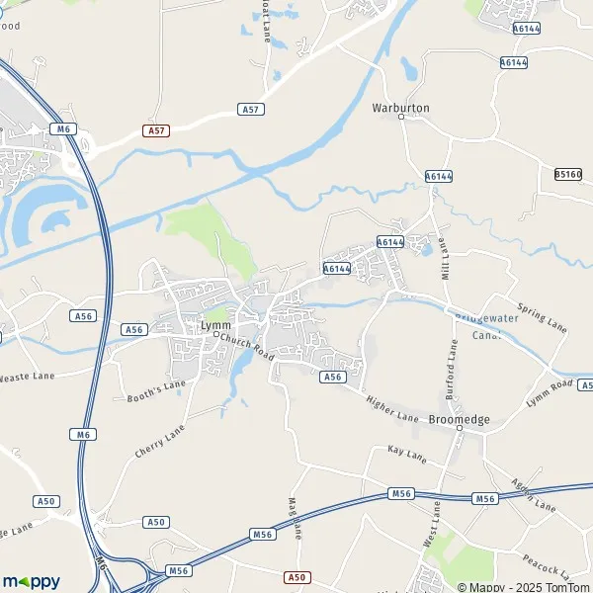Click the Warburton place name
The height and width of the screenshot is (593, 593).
click(401, 106)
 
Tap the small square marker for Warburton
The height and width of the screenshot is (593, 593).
click(401, 117)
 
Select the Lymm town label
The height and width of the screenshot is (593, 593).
click(214, 324)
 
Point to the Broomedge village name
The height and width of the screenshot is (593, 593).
click(460, 419)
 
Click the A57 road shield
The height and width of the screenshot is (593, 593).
click(155, 129)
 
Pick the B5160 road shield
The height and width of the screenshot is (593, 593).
click(567, 174)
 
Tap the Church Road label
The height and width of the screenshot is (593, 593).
click(246, 345)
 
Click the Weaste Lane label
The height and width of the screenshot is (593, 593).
click(24, 376)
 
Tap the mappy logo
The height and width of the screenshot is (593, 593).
click(31, 581)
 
